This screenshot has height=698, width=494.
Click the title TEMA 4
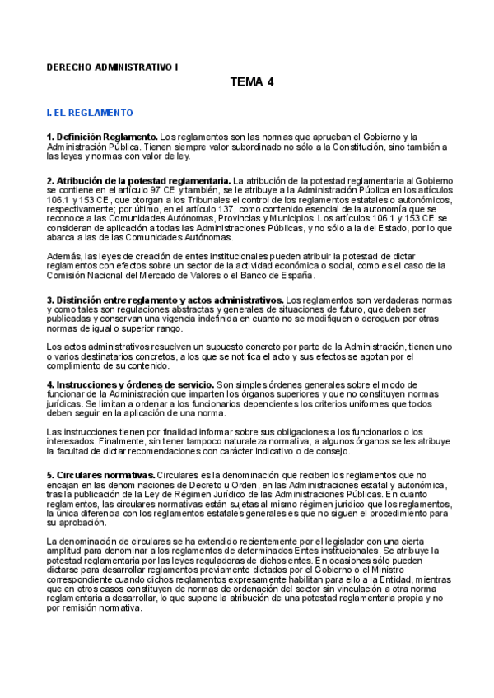click(x=252, y=82)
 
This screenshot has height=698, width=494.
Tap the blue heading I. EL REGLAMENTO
click(x=90, y=111)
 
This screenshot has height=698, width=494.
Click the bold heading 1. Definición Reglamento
click(x=102, y=136)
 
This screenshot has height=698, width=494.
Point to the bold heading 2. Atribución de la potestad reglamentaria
click(x=138, y=179)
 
